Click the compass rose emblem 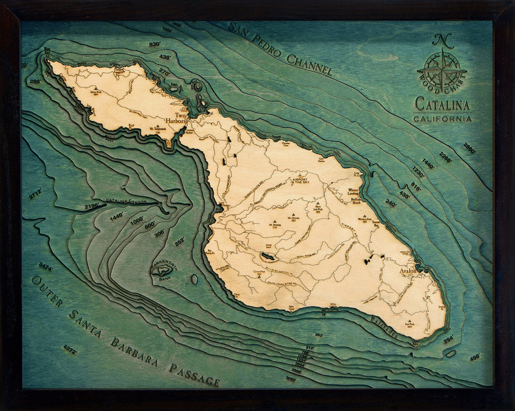point(442,69)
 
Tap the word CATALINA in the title point(442,104)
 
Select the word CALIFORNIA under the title point(442,119)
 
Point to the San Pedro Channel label point(280,49)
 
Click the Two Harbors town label point(179,118)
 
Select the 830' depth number point(154,45)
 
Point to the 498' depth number point(474,356)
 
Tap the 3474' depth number point(46,267)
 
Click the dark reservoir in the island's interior point(268,256)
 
